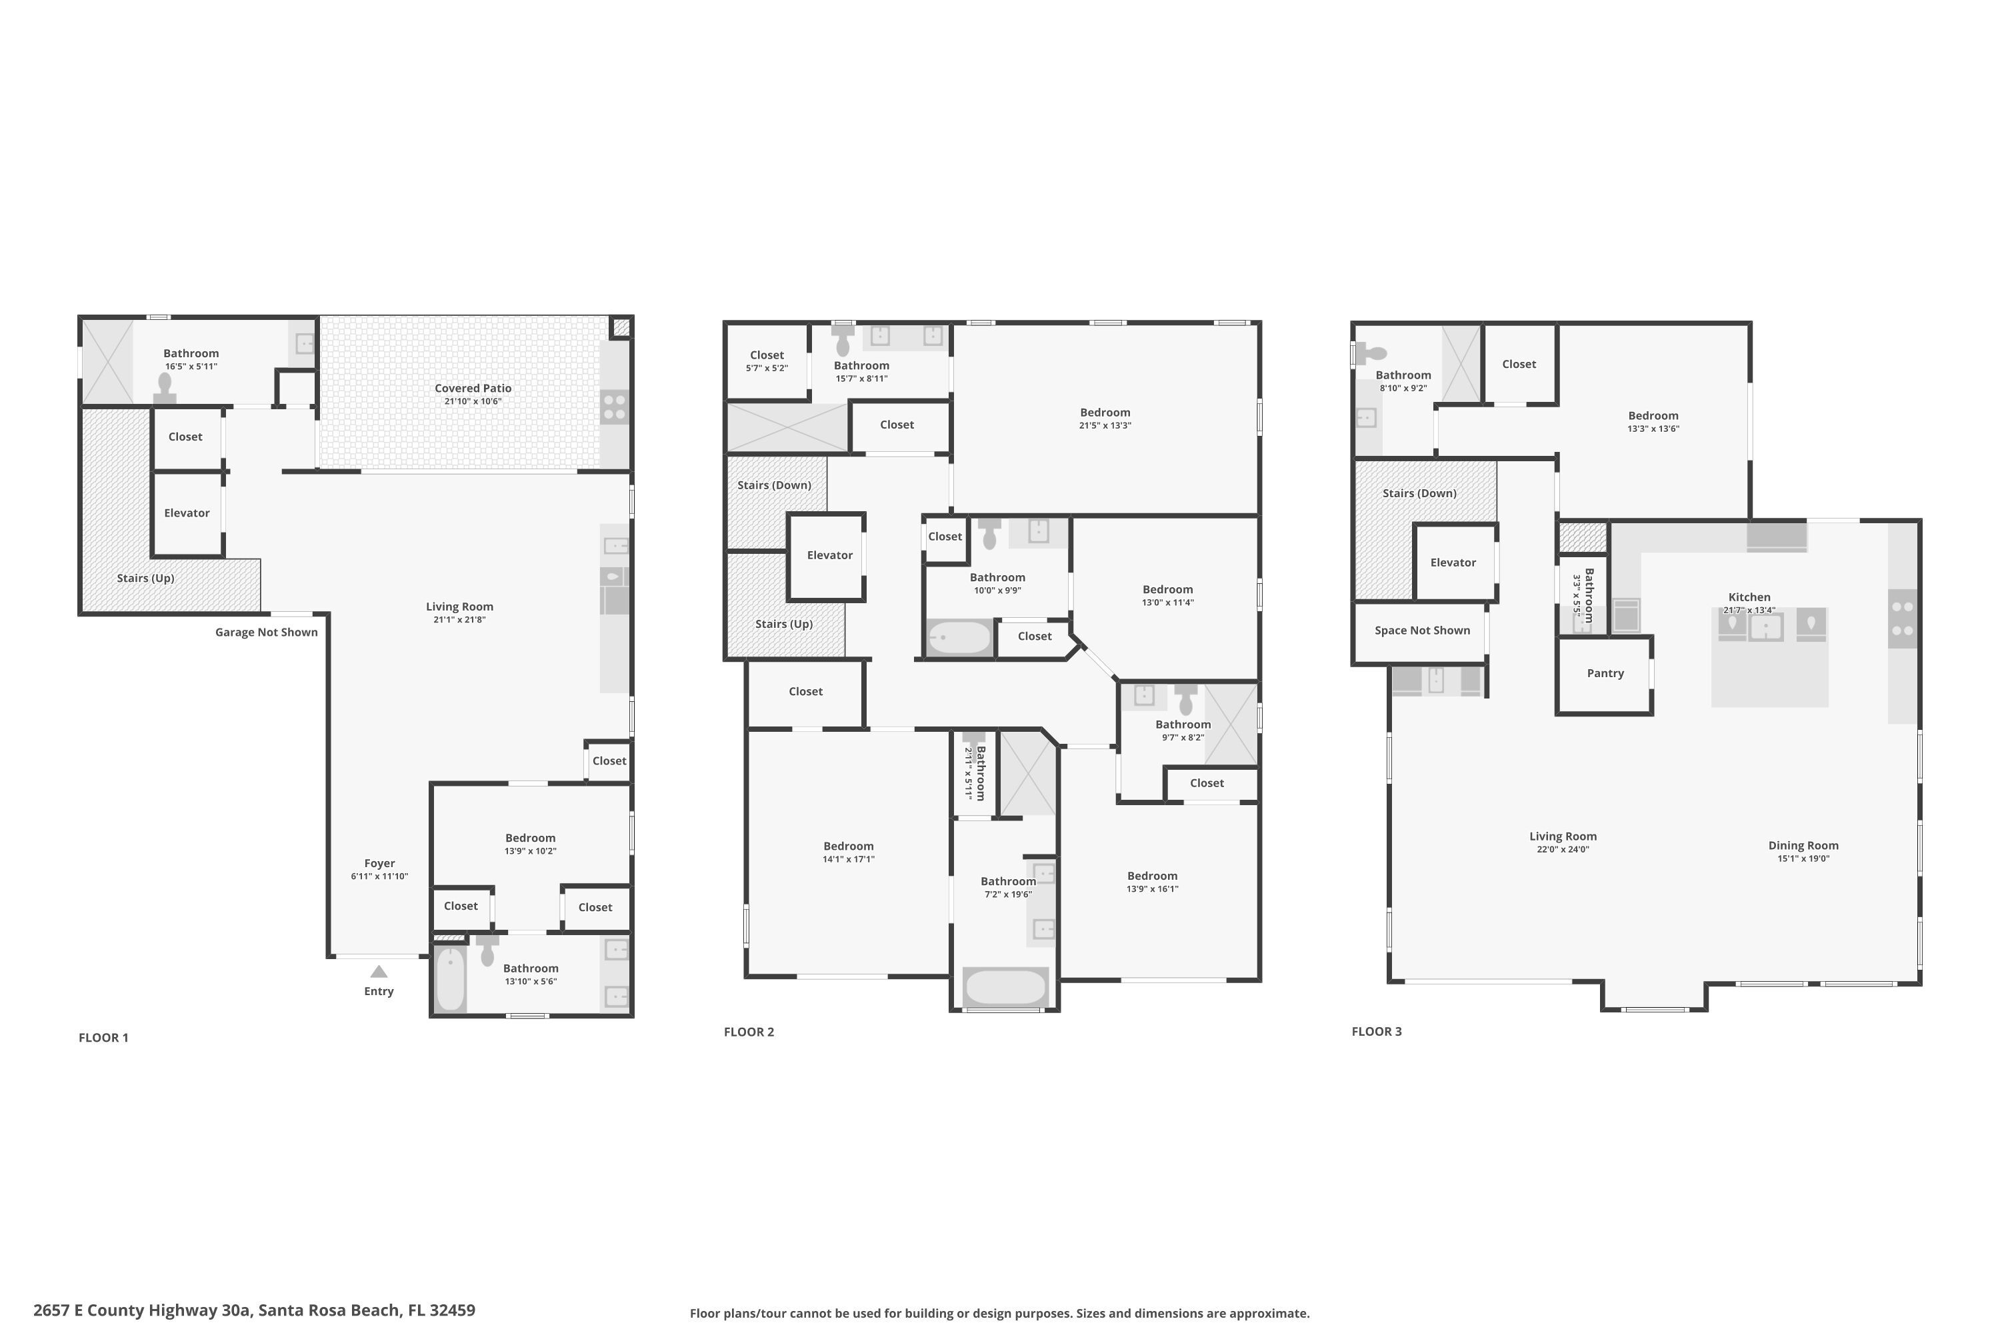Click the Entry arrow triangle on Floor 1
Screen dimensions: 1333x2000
pos(379,972)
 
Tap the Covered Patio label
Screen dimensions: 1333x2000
pos(473,389)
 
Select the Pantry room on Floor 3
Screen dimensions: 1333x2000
pos(1605,673)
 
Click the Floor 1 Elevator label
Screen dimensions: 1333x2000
pos(186,513)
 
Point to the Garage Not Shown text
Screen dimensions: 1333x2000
pos(266,633)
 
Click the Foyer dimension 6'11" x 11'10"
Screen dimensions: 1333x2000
pos(379,876)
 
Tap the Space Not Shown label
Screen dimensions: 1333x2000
pos(1422,631)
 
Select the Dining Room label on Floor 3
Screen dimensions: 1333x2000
pos(1803,846)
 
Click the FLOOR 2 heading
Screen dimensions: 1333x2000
pos(748,1032)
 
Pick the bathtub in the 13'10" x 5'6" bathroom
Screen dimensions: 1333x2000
pos(451,978)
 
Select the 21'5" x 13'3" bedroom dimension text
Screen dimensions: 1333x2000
pos(1105,426)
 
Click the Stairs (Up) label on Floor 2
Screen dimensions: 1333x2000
pos(783,624)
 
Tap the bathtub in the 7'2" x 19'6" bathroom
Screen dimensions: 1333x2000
pos(1005,987)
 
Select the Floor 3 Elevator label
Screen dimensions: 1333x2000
pos(1453,563)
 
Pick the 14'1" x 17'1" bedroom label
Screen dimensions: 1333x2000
pos(848,846)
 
